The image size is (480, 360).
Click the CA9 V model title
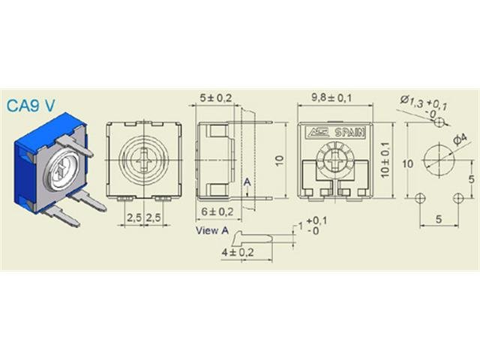[x=30, y=106]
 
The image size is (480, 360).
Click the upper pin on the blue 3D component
[x=77, y=146]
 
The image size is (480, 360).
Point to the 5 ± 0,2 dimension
[x=215, y=97]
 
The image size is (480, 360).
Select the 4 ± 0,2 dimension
[x=238, y=253]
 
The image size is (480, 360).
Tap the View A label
[x=211, y=231]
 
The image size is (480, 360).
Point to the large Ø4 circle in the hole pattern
[x=438, y=160]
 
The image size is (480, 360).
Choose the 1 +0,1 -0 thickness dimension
[x=313, y=226]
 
